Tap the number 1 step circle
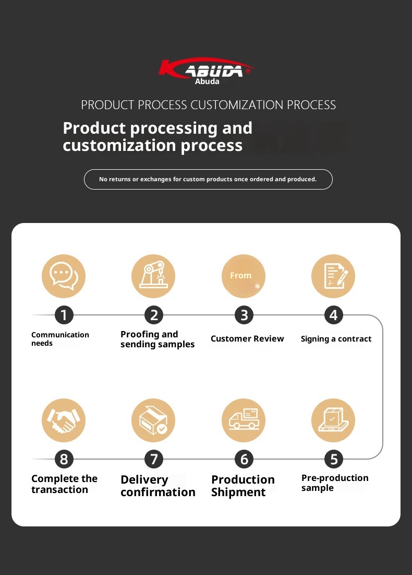coord(64,315)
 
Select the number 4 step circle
coord(334,315)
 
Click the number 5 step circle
coord(334,459)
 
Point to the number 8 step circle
coord(64,459)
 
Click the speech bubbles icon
coord(64,276)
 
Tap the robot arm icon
coord(153,276)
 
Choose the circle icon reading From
coord(244,276)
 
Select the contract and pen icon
coord(333,276)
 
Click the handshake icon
coord(64,420)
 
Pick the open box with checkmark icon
coord(153,420)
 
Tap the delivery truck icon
coord(244,420)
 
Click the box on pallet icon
coord(333,420)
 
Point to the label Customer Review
coord(247,338)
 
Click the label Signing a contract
coord(336,339)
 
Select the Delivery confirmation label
coord(158,486)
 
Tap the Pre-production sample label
coord(335,483)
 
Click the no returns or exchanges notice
coord(208,179)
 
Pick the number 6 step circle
coord(244,459)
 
